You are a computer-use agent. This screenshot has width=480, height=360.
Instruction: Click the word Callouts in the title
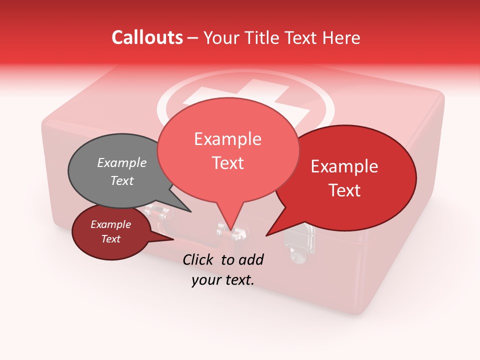[x=147, y=37]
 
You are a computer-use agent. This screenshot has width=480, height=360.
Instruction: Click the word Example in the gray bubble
[x=122, y=162]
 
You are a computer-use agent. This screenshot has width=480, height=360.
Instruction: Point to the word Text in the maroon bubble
[x=111, y=239]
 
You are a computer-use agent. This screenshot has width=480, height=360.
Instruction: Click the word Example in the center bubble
[x=228, y=139]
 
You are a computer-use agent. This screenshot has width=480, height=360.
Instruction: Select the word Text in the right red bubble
[x=345, y=190]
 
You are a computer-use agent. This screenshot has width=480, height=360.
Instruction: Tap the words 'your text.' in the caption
[x=223, y=280]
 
